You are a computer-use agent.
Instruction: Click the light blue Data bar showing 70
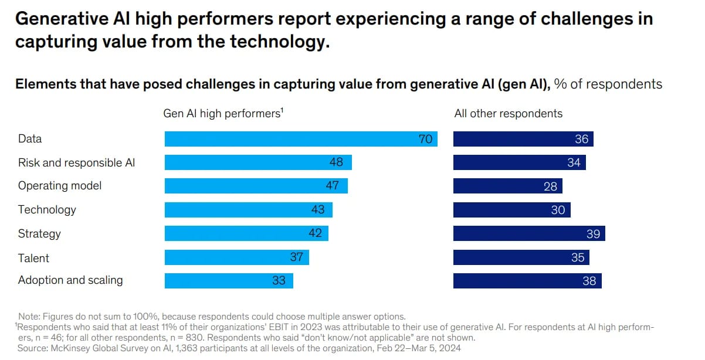tap(300, 139)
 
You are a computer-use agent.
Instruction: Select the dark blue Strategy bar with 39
tap(529, 233)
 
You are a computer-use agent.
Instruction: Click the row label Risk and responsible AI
tap(76, 162)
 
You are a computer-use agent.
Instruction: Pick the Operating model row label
tap(60, 186)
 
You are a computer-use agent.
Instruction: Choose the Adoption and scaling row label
tap(70, 280)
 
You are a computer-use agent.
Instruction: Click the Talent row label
tap(33, 258)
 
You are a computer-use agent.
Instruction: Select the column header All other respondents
tap(508, 114)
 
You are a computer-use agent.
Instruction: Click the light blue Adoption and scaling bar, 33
tap(229, 281)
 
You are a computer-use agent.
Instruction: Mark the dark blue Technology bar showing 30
tap(511, 210)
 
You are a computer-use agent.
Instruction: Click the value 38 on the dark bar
tap(589, 281)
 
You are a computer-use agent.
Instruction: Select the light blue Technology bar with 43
tap(248, 210)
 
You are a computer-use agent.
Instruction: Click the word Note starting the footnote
tap(29, 316)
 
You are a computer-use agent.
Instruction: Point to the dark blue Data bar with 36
tap(523, 139)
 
